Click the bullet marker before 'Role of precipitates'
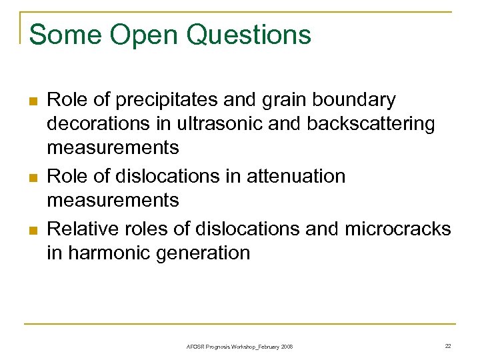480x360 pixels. pos(31,102)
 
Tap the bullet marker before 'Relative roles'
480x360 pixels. pos(31,231)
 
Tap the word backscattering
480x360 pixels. pos(366,124)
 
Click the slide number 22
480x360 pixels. pos(447,346)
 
